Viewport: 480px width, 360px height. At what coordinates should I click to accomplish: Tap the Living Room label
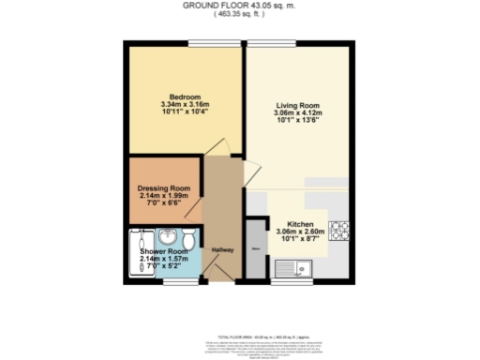pos(299,105)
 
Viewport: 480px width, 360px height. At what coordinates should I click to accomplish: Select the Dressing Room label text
pos(164,188)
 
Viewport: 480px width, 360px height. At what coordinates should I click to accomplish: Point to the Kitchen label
pos(300,225)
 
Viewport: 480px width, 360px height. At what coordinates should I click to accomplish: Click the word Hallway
pos(221,249)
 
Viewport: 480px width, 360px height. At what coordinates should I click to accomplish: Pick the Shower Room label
pos(164,252)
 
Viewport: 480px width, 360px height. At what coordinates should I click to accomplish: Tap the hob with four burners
pos(337,227)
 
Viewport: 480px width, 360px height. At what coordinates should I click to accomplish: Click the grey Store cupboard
pos(255,249)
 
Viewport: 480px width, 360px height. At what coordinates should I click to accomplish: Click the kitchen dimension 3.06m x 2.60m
pos(300,232)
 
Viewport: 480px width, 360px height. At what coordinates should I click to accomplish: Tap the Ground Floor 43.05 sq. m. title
pos(239,6)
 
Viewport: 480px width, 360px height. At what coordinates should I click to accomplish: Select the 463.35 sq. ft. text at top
pos(239,15)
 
